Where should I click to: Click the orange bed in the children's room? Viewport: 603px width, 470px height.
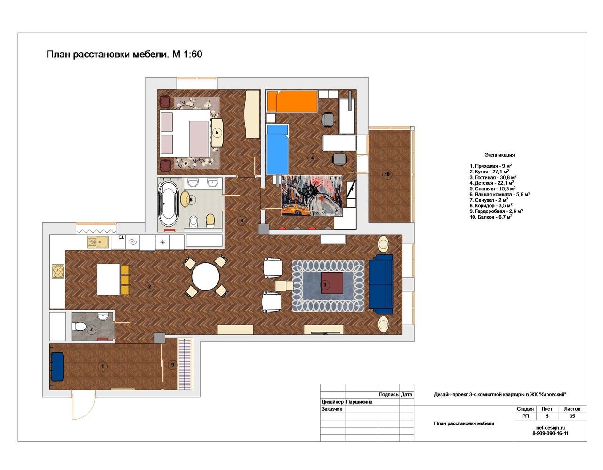292,102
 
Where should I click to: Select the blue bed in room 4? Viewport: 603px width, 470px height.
277,149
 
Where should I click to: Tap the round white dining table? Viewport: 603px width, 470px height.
205,276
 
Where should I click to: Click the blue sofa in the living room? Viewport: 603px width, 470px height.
381,284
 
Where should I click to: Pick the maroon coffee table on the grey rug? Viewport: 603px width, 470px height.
332,282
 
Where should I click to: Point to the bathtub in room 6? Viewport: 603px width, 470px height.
168,204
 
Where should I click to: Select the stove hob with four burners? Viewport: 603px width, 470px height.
58,271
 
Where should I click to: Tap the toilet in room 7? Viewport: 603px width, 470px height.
80,326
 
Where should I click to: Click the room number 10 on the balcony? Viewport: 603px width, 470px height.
387,174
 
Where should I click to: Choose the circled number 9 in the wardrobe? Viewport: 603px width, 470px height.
172,365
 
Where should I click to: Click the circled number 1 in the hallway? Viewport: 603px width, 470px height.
103,367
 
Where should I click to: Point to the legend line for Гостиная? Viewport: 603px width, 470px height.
493,177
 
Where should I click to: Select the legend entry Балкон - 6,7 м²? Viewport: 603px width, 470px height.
491,217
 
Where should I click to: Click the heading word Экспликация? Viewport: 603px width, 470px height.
499,155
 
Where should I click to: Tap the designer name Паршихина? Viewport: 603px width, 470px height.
359,401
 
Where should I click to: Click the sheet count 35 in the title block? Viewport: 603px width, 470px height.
572,416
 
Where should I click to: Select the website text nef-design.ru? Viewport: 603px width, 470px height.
550,428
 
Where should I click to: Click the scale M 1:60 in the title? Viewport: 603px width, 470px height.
187,54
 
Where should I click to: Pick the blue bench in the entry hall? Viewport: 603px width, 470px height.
57,366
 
